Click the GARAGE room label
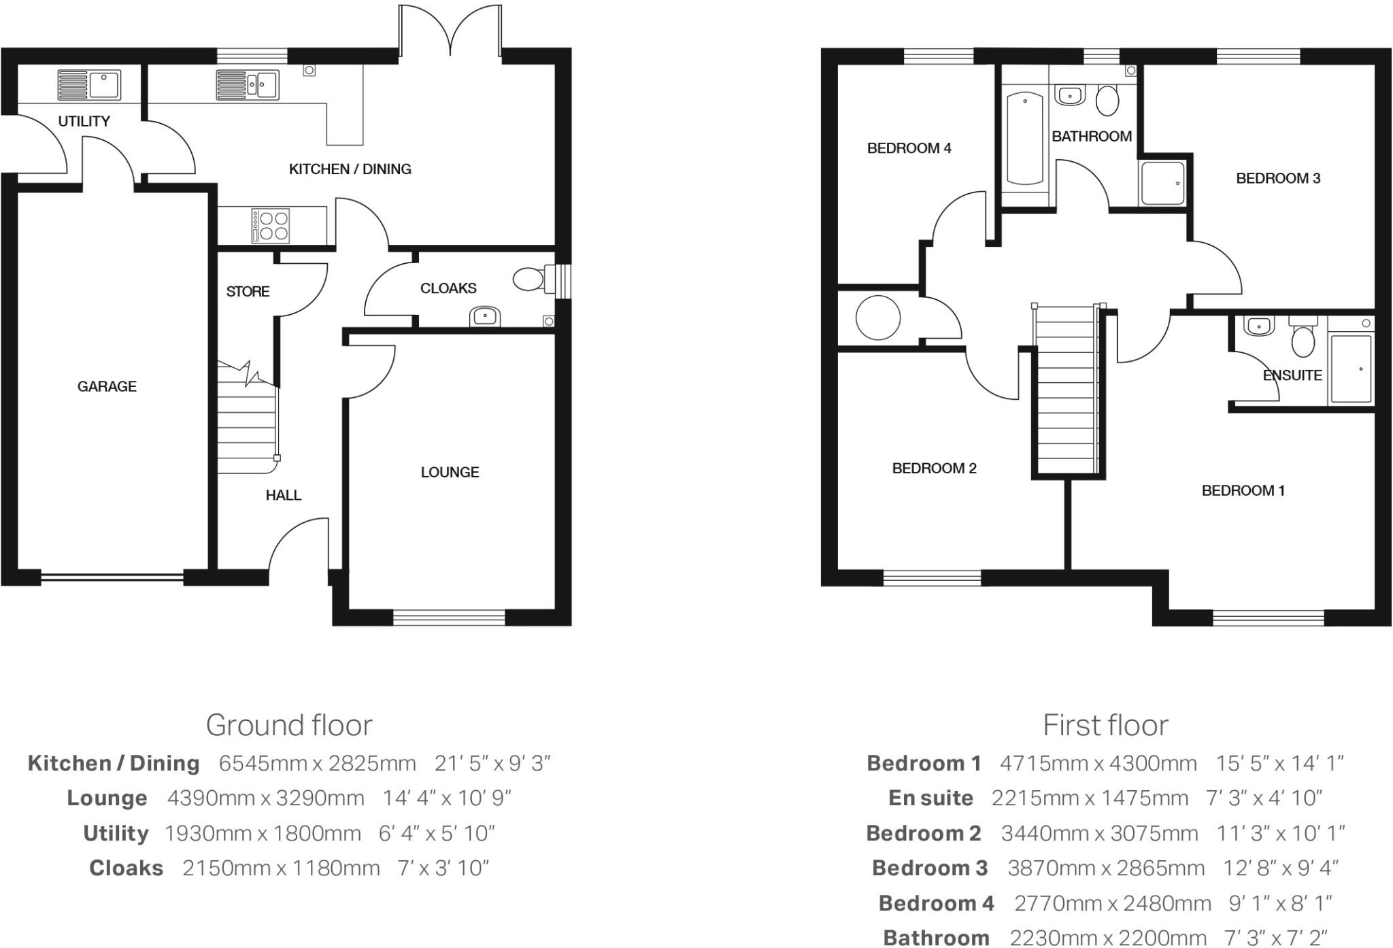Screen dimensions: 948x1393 click(107, 386)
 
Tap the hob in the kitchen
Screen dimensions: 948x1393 click(271, 226)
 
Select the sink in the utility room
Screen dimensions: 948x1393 click(88, 86)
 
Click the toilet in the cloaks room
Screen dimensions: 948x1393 click(529, 279)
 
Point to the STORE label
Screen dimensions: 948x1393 click(248, 291)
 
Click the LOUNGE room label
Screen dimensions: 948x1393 click(450, 472)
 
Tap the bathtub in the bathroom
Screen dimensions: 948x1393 click(1024, 139)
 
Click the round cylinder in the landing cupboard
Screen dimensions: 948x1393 click(877, 318)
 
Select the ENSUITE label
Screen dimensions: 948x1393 click(1292, 375)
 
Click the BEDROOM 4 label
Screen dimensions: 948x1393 click(909, 148)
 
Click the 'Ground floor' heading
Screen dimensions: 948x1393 click(289, 725)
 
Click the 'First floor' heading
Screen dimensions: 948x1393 click(1105, 725)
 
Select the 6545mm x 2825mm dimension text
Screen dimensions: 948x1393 click(317, 763)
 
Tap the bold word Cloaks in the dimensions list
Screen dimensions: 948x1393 click(127, 868)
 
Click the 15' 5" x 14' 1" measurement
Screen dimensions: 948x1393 click(1279, 763)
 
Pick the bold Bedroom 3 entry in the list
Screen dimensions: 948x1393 click(929, 868)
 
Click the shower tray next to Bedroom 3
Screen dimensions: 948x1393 click(1162, 183)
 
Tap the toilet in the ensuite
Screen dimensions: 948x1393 click(1303, 339)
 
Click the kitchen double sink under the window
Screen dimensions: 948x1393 click(248, 85)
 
